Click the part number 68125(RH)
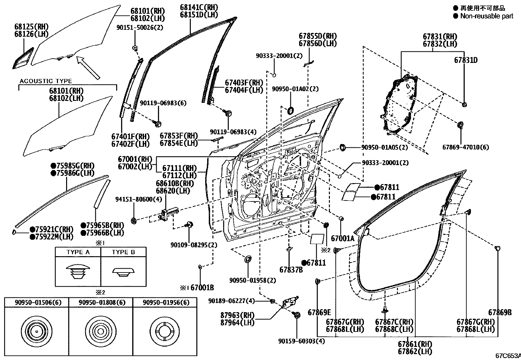31,27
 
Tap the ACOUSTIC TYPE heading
46,81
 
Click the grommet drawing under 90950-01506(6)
36,331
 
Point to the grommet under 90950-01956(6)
165,331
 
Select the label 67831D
466,60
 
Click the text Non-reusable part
487,16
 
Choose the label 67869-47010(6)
465,147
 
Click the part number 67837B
291,270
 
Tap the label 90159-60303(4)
301,341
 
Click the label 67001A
342,238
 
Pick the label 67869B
500,313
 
